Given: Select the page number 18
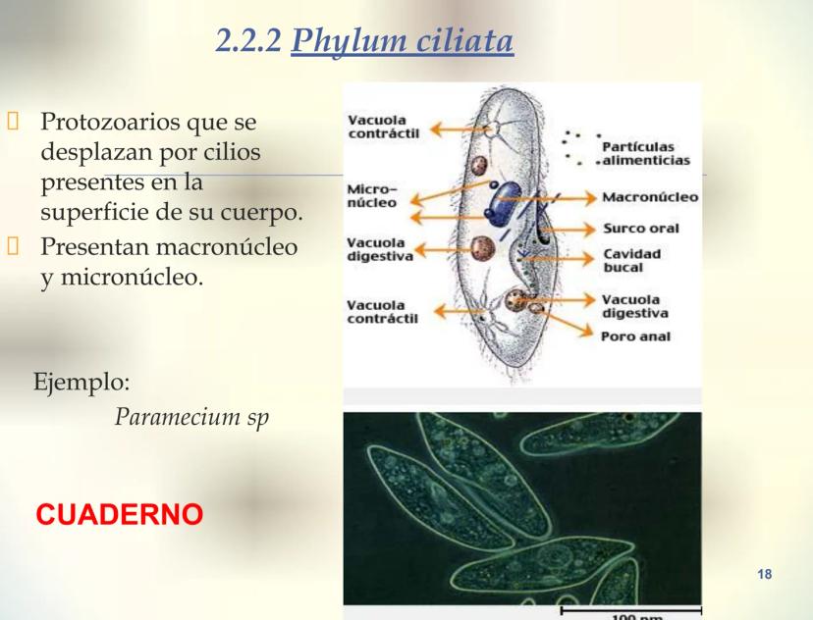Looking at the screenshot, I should [x=767, y=572].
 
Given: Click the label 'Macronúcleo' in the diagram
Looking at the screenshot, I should [x=650, y=197].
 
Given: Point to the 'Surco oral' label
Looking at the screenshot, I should [x=640, y=229].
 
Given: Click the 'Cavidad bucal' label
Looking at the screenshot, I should [x=631, y=259].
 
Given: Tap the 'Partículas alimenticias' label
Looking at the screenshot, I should [x=644, y=155].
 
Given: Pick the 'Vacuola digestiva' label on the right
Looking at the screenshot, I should [x=634, y=306].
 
